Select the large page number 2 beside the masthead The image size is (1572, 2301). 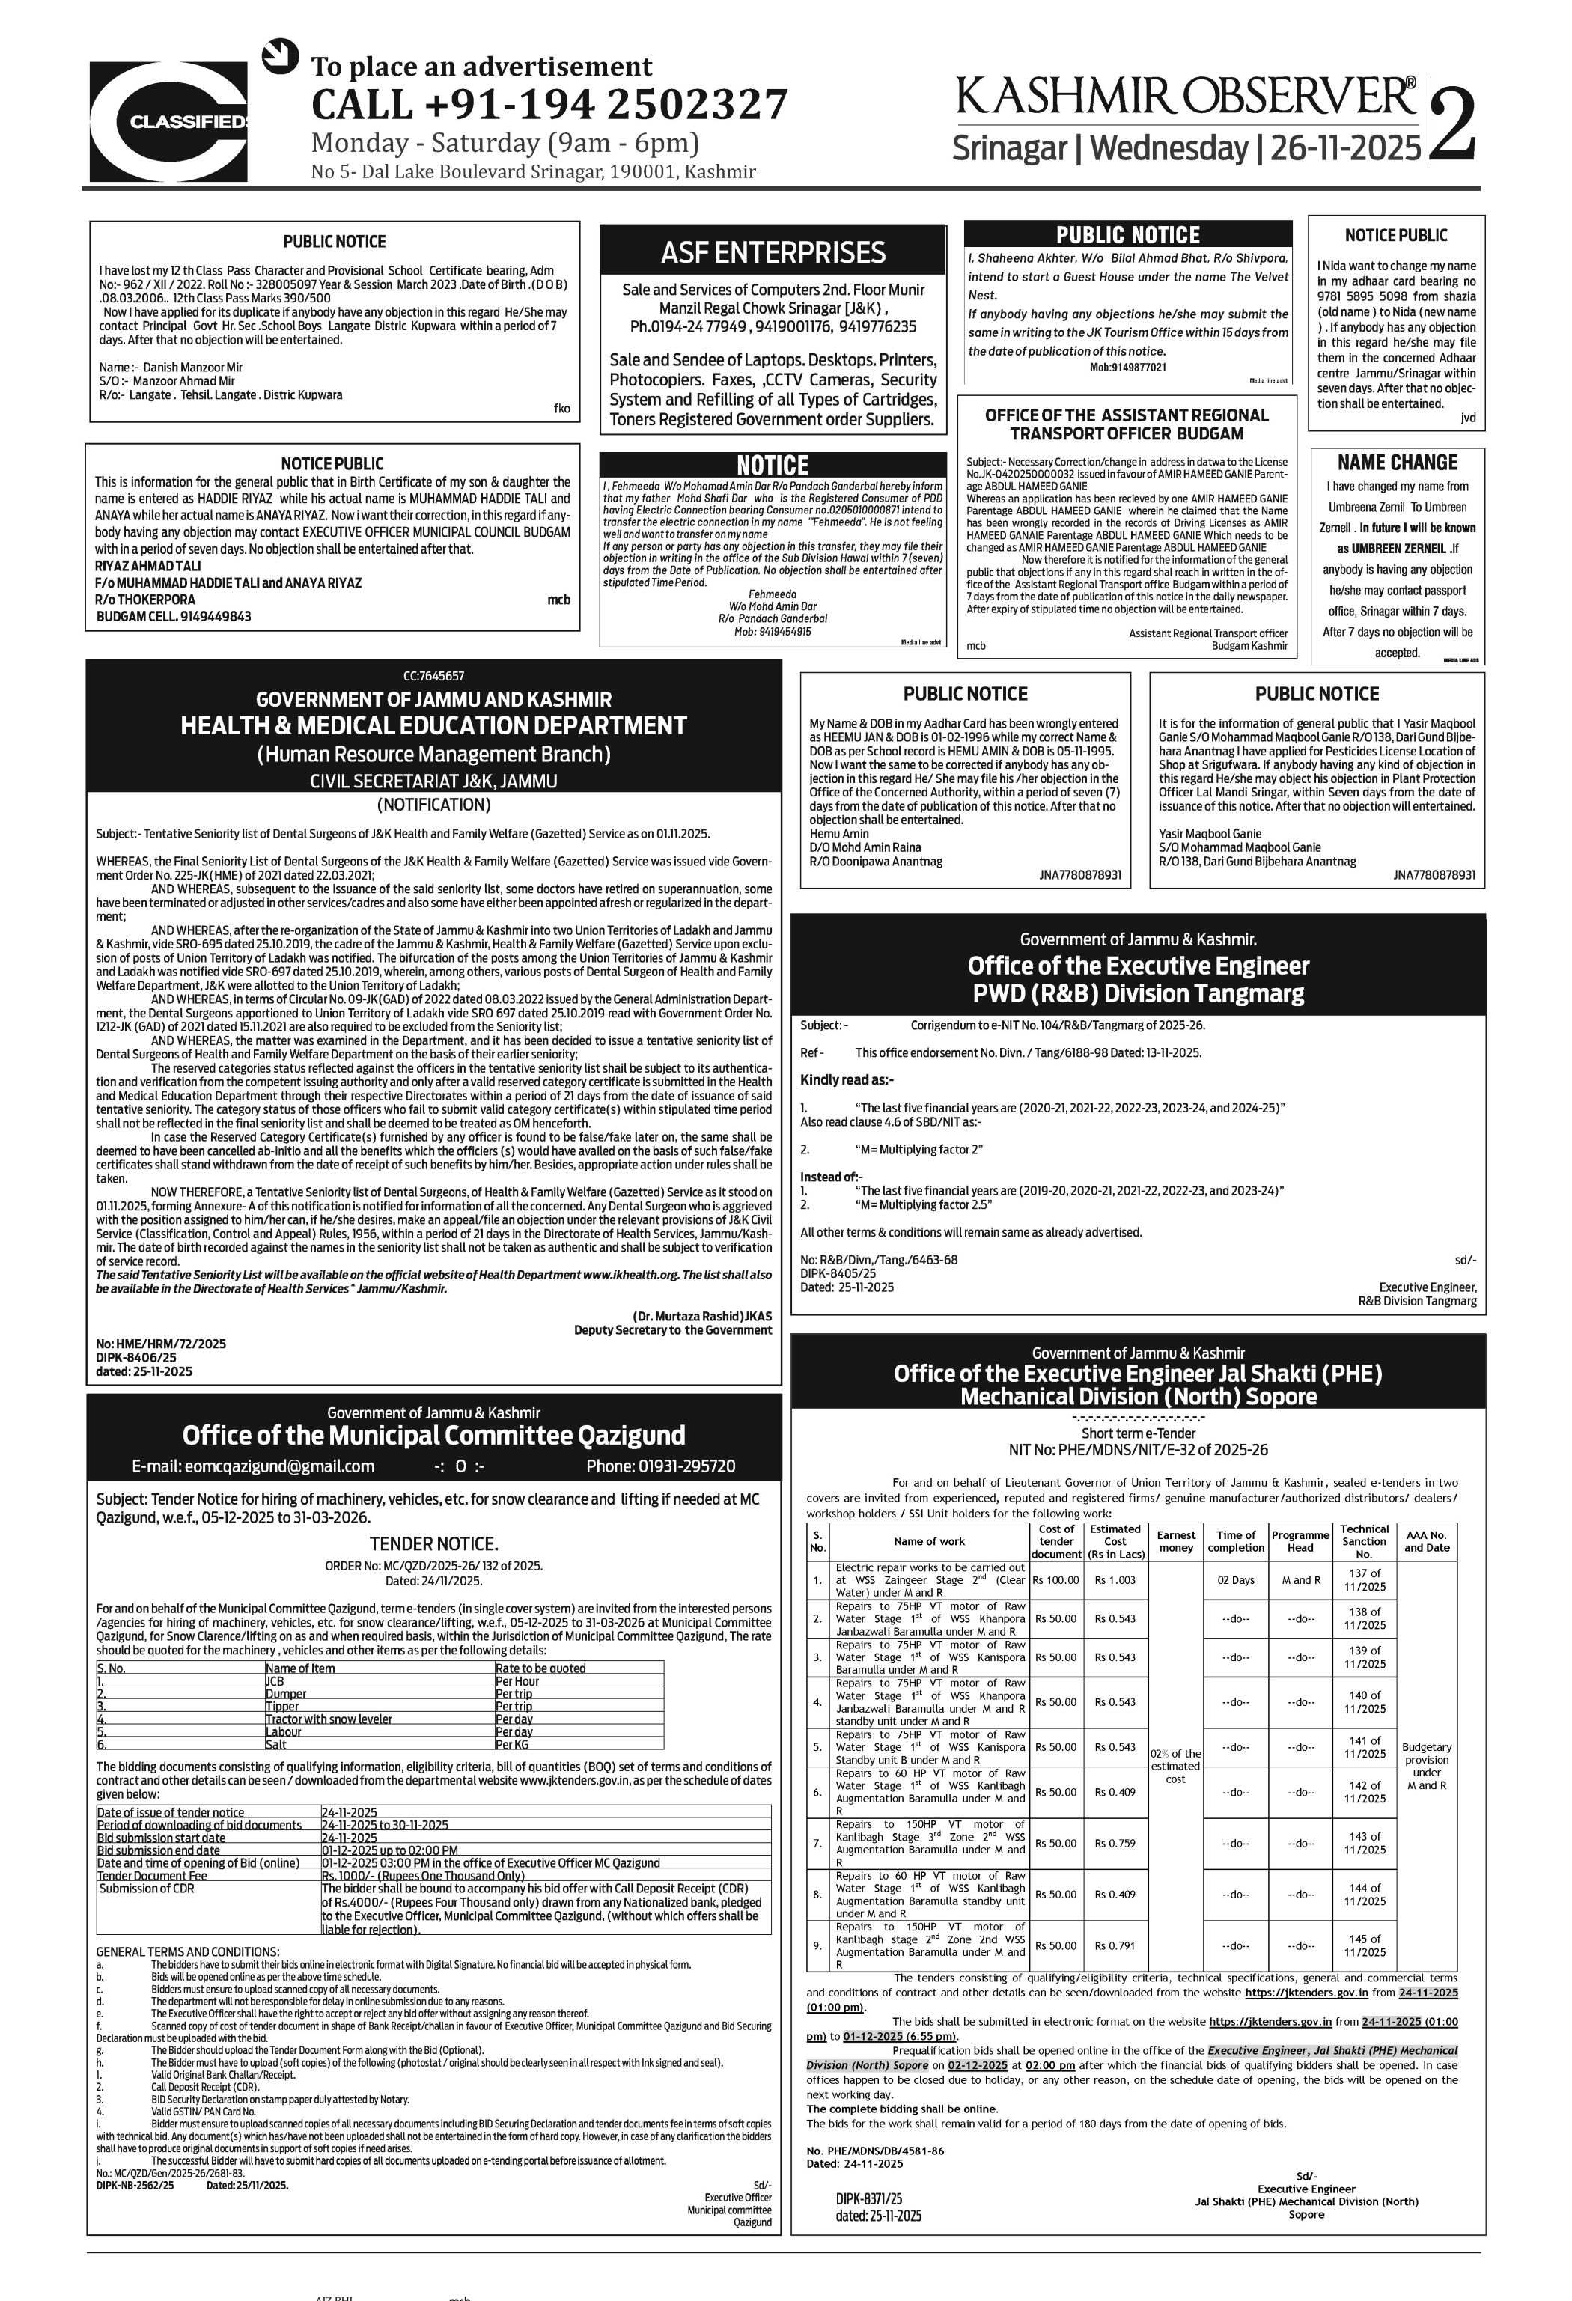coord(1453,123)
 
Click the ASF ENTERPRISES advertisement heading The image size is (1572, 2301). coord(773,252)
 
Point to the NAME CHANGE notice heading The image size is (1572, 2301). coord(1397,463)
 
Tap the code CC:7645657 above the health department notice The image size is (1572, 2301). coord(433,676)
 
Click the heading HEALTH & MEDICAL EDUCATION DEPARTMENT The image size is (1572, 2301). coord(433,726)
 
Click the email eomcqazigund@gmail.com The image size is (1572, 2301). coord(254,1466)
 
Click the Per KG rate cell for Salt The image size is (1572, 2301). coord(512,1745)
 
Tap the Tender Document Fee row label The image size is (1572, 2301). coord(153,1875)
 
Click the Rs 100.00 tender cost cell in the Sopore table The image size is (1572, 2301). coord(1055,1580)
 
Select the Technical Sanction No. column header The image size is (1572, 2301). coord(1364,1540)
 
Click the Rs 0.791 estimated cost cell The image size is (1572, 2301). coord(1115,1945)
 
